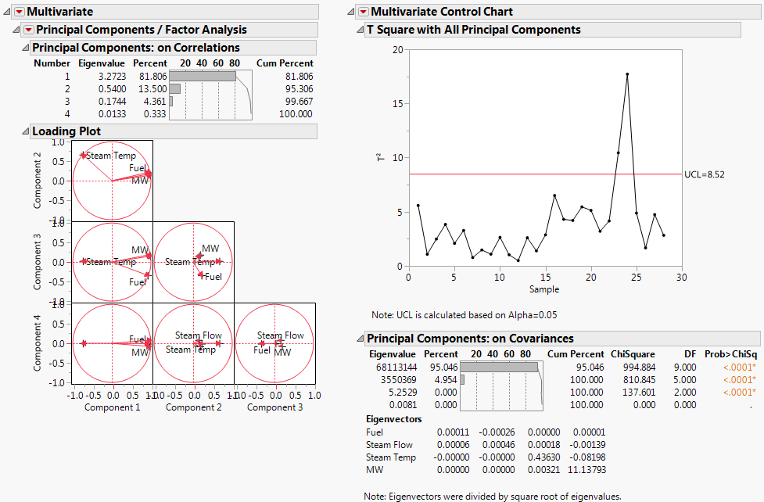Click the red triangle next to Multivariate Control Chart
[363, 12]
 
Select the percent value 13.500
[150, 89]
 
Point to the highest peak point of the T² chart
[627, 74]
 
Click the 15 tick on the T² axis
[397, 103]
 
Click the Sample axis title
[544, 289]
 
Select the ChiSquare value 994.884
[634, 367]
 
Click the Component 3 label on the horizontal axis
[274, 407]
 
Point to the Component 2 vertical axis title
[38, 181]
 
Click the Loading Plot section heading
[66, 131]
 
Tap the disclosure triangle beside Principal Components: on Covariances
[360, 339]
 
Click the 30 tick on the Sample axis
[682, 277]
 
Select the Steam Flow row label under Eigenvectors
[389, 445]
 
